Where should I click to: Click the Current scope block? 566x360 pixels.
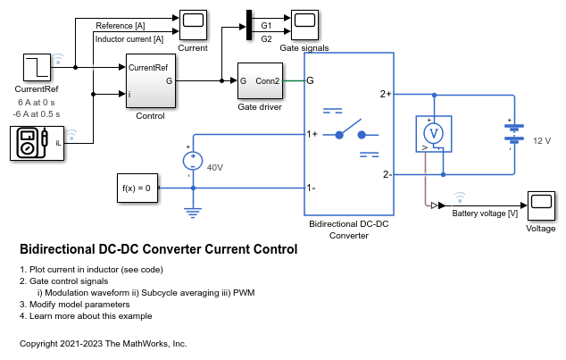tap(193, 22)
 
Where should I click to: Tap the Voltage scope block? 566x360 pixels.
tap(541, 205)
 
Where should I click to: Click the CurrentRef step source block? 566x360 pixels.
tap(37, 68)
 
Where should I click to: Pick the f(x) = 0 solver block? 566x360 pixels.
tap(137, 188)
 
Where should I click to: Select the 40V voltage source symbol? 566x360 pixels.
tap(192, 161)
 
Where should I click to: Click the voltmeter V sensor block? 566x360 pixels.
tap(432, 132)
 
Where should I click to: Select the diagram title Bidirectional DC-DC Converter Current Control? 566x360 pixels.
tap(158, 249)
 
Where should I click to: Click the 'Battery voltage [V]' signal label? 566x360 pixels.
tap(485, 213)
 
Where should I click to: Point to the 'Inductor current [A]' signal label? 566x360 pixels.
tap(129, 38)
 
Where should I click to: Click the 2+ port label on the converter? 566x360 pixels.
tap(385, 93)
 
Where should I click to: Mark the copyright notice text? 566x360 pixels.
tap(103, 343)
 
